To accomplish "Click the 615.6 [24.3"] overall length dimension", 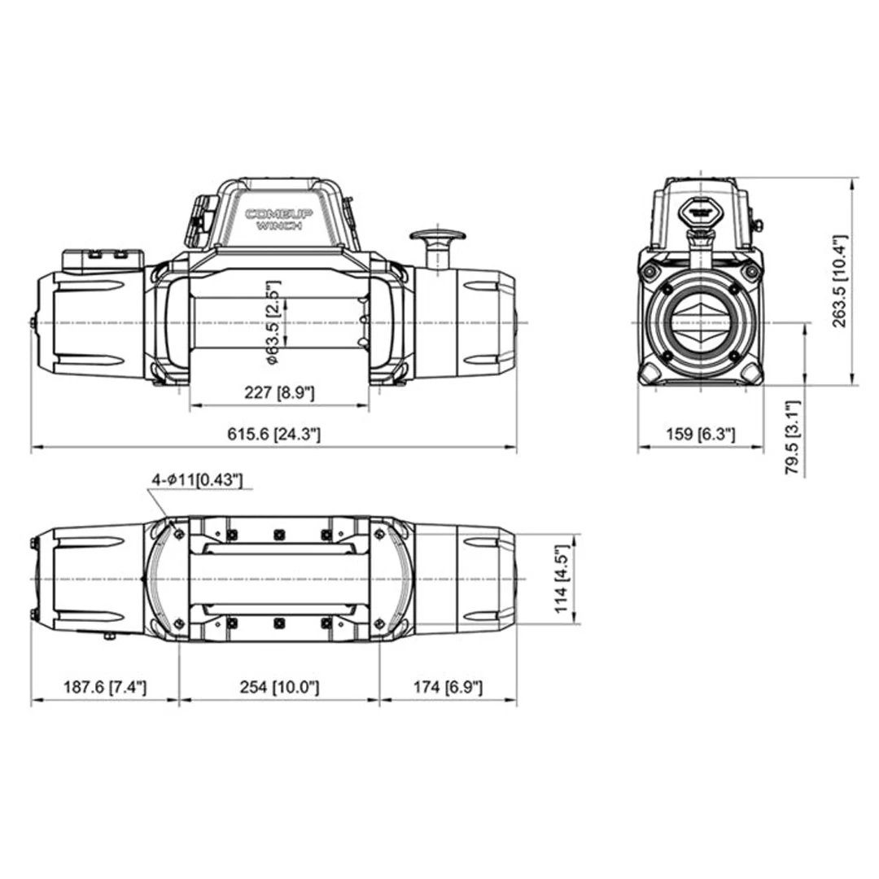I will (x=273, y=434).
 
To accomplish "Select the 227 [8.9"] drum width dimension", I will (x=279, y=393).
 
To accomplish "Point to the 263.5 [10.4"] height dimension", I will (x=841, y=280).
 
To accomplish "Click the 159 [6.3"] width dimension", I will (x=700, y=434).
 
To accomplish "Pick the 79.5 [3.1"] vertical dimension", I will (x=794, y=438).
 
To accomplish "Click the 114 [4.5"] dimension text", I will (x=561, y=579).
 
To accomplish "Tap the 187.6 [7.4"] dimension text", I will (x=104, y=687).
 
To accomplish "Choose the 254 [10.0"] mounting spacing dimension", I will (x=278, y=687).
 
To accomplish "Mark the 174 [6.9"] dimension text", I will (x=448, y=687).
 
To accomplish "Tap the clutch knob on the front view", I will (x=437, y=237).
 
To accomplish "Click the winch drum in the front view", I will (x=279, y=322).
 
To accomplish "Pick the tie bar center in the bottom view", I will (x=279, y=579).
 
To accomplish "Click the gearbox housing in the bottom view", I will (x=472, y=579).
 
